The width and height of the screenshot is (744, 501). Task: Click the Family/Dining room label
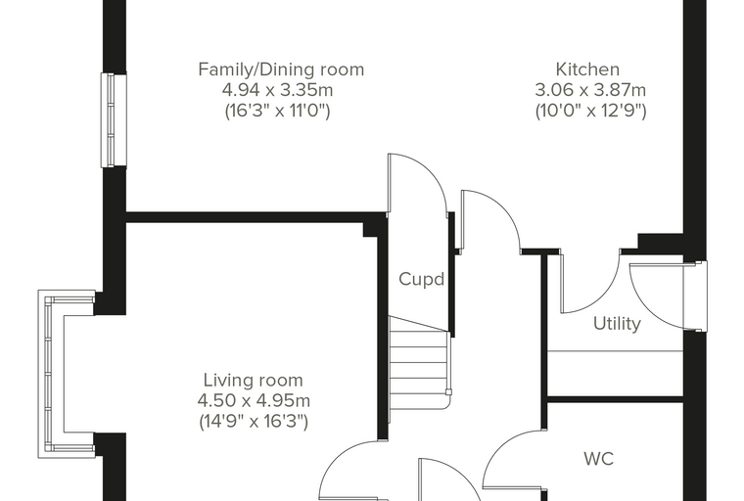pyautogui.click(x=281, y=69)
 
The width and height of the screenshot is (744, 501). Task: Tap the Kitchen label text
pyautogui.click(x=587, y=69)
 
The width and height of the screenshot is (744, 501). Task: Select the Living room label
pyautogui.click(x=253, y=380)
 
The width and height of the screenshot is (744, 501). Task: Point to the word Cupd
pyautogui.click(x=421, y=279)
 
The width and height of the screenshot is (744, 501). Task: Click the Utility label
pyautogui.click(x=617, y=324)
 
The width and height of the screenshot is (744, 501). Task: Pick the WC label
pyautogui.click(x=599, y=459)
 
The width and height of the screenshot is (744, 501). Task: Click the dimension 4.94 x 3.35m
pyautogui.click(x=277, y=90)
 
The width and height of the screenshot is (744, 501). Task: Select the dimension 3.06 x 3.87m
pyautogui.click(x=590, y=90)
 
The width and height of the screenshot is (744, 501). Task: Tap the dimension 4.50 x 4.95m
pyautogui.click(x=254, y=400)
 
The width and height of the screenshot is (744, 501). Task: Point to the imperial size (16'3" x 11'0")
pyautogui.click(x=277, y=111)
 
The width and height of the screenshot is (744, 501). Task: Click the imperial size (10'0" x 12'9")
pyautogui.click(x=590, y=111)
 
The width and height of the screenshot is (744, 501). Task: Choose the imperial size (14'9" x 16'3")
pyautogui.click(x=254, y=422)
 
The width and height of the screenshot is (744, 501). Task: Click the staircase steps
pyautogui.click(x=419, y=363)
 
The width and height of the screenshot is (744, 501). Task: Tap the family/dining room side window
pyautogui.click(x=114, y=120)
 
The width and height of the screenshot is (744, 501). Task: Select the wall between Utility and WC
pyautogui.click(x=616, y=399)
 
